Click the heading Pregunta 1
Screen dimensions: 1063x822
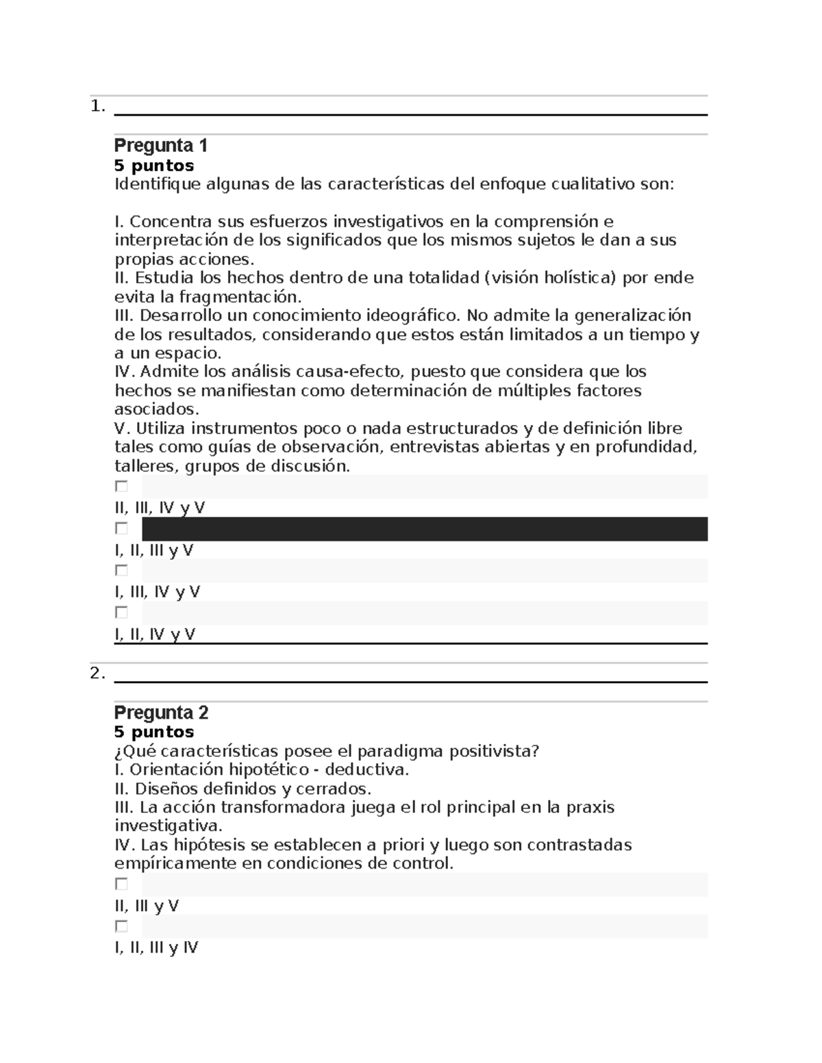point(160,145)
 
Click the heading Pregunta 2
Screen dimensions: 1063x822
point(161,713)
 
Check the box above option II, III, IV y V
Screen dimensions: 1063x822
point(121,486)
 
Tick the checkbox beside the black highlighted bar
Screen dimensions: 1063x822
point(121,528)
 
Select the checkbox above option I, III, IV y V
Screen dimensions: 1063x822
point(121,570)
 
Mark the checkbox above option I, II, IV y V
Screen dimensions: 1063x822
point(121,612)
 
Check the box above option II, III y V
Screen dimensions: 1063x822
point(121,884)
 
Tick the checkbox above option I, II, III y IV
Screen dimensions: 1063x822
point(121,926)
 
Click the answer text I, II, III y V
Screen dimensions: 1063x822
point(153,550)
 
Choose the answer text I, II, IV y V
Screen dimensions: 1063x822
point(155,635)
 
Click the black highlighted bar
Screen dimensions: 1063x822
point(424,529)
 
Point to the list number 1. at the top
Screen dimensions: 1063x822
point(97,106)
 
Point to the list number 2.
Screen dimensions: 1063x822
point(97,674)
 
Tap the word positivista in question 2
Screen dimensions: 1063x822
point(493,752)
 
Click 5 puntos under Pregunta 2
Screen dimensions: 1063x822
point(154,732)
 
